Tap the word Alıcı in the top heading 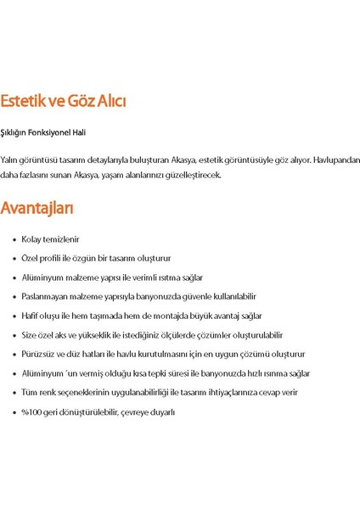107,102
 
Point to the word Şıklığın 15,132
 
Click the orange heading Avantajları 37,208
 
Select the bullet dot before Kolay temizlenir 14,240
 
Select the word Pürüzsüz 38,354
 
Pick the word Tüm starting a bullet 29,392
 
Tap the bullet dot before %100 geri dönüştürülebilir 14,412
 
